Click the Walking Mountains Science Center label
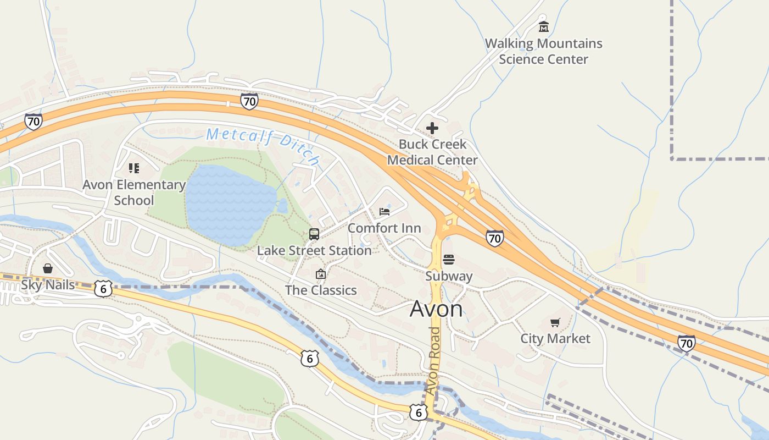[543, 51]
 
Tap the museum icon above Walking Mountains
[544, 26]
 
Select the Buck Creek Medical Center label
[432, 152]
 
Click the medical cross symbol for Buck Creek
[432, 128]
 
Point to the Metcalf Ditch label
[263, 144]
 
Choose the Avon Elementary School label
[134, 193]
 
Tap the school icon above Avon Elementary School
[134, 168]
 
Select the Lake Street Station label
[314, 251]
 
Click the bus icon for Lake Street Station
[314, 234]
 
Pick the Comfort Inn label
[384, 228]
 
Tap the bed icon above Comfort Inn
[384, 212]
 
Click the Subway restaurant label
[449, 276]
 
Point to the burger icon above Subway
[449, 259]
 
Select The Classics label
[321, 290]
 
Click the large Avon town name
[436, 309]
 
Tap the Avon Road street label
[433, 360]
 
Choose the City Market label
[555, 339]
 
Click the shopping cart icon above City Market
[555, 322]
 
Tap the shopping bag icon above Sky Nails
[48, 268]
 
